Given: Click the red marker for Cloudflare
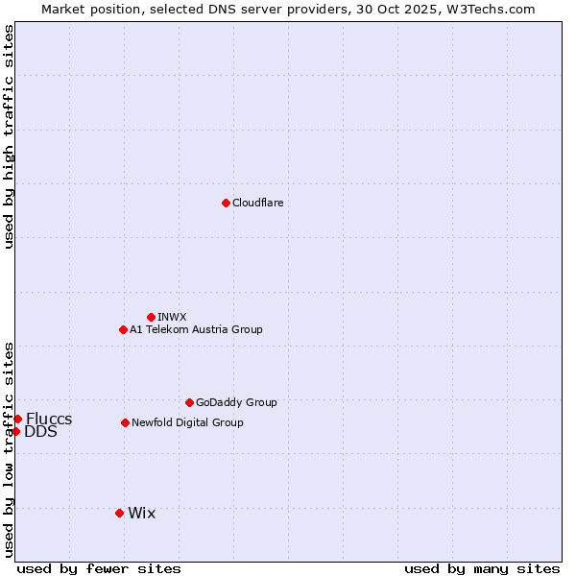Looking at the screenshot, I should pos(226,203).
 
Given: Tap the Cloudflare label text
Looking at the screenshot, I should pos(257,204).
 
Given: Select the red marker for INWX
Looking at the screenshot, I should pos(151,317).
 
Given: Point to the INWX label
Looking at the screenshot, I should pos(172,318).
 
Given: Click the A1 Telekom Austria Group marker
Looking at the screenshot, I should pos(123,329).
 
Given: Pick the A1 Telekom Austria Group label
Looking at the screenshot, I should pos(196,330).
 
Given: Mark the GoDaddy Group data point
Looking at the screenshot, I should pos(189,402).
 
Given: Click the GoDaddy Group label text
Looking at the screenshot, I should pos(236,403).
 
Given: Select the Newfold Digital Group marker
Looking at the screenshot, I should pos(125,422).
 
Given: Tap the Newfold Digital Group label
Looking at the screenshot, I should pos(187,423).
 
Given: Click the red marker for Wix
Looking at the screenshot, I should pos(119,513).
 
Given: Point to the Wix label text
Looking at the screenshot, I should pos(141,514).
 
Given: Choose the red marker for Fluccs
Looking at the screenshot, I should pos(17,419).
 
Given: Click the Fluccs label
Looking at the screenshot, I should pos(49,420).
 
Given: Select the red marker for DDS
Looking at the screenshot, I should pos(15,431).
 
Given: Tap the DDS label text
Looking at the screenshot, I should pos(40,432).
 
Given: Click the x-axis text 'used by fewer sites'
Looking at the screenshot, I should pos(99,568).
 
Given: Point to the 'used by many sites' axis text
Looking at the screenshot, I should pos(482,568).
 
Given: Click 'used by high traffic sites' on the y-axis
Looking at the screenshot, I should pos(10,136).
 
